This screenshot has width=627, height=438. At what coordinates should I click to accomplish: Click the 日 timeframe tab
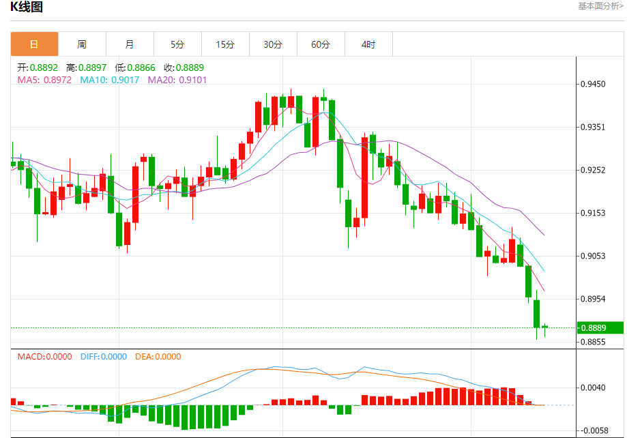(x=34, y=44)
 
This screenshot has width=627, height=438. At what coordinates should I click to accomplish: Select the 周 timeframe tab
(x=82, y=44)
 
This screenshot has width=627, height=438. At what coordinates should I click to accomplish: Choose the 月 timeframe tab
(x=130, y=44)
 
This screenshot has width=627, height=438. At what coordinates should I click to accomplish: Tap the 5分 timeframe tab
(x=177, y=44)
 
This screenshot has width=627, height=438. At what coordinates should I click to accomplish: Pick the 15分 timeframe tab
(x=225, y=44)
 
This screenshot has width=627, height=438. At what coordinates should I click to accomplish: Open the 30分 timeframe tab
(x=273, y=44)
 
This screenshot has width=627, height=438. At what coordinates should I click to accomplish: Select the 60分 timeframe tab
(x=321, y=44)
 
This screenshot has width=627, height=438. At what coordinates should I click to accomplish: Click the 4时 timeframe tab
(x=368, y=44)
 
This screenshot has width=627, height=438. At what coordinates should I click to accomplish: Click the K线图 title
(x=27, y=8)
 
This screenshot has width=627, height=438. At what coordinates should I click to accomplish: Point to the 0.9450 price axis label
(x=592, y=85)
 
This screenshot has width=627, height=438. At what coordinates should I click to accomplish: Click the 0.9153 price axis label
(x=592, y=214)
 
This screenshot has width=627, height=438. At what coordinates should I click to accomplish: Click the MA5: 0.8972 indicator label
(x=45, y=80)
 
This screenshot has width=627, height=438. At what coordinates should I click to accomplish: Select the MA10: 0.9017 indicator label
(x=110, y=80)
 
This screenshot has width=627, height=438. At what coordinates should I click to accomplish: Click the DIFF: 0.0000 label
(x=104, y=356)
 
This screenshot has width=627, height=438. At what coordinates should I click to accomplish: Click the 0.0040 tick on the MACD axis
(x=592, y=388)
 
